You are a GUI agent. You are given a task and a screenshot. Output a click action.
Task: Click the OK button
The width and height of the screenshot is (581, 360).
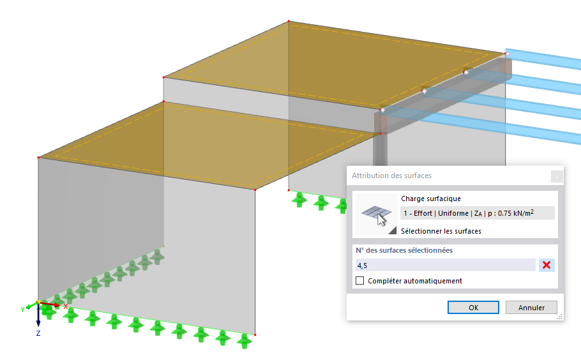(x=473, y=308)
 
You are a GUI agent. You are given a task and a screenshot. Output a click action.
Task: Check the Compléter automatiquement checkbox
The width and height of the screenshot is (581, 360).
(x=360, y=281)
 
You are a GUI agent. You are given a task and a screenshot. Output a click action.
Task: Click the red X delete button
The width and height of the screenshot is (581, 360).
(x=547, y=265)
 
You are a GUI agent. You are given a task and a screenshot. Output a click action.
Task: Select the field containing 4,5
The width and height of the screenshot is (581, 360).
(x=446, y=265)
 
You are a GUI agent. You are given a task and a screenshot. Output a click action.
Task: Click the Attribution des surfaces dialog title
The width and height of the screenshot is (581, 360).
(x=391, y=176)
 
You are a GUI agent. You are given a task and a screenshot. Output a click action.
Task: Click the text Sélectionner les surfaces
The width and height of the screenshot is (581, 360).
(x=441, y=231)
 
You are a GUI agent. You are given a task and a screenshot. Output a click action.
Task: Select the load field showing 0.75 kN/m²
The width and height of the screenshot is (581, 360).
(x=478, y=213)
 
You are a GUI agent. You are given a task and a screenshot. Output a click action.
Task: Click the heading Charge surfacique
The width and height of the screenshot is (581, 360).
(x=431, y=199)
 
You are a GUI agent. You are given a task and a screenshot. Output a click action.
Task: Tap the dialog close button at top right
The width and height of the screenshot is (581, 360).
(x=557, y=176)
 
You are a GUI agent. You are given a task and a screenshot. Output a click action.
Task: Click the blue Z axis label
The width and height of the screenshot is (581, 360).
(x=38, y=333)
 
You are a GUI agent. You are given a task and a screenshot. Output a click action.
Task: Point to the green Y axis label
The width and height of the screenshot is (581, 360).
(x=22, y=309)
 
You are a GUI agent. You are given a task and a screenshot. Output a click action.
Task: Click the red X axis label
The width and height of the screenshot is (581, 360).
(x=66, y=306)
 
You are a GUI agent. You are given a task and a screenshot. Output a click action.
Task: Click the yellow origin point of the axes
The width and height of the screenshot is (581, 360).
(x=38, y=303)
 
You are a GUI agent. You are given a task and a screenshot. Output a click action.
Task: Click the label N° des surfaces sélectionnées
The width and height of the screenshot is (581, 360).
(x=404, y=250)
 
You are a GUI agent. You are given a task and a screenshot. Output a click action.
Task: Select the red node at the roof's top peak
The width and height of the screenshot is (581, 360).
(x=289, y=22)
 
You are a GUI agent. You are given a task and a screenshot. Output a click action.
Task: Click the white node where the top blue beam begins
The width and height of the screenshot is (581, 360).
(x=508, y=54)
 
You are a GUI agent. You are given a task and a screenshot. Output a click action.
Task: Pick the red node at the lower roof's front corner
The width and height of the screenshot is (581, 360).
(x=255, y=190)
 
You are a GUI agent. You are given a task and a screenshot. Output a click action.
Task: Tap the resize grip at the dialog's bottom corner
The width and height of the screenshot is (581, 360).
(x=559, y=317)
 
